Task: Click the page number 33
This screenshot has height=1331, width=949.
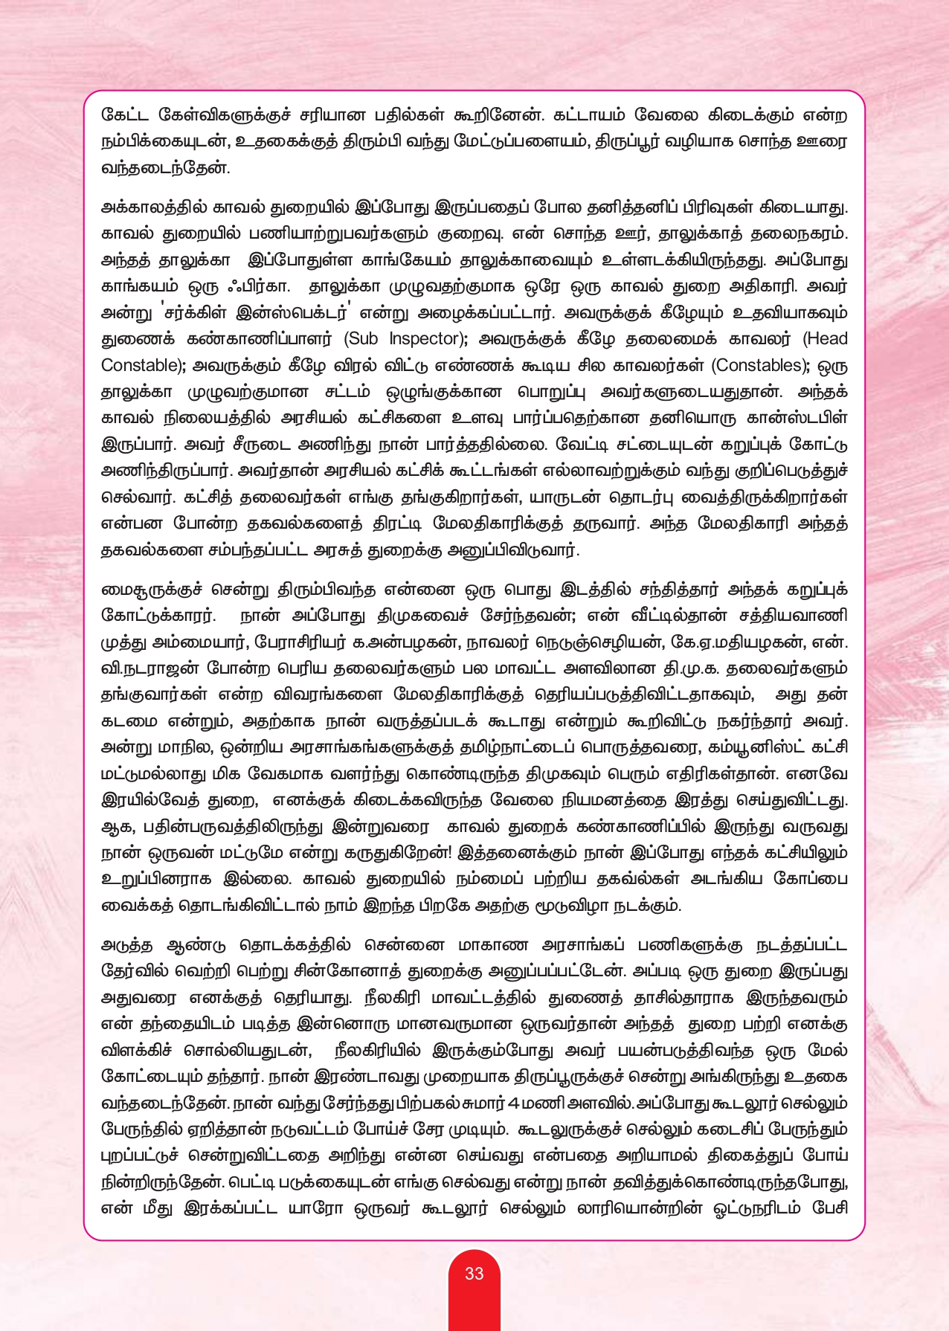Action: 474,1273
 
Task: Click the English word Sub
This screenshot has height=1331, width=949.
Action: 363,339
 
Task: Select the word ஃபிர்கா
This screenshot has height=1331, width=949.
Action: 260,287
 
